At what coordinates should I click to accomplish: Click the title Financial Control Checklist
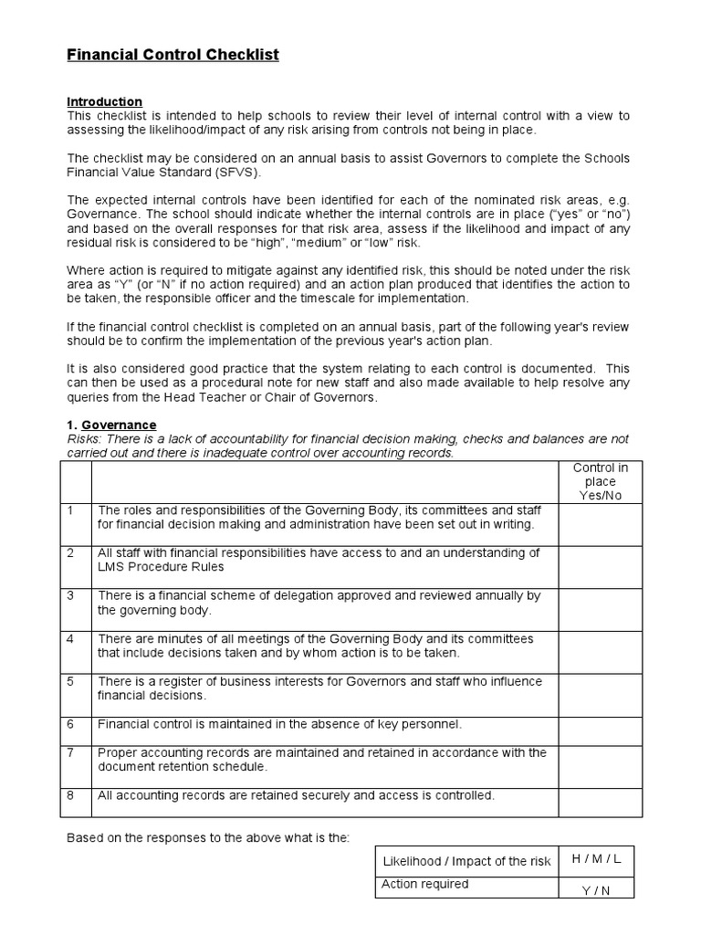(173, 56)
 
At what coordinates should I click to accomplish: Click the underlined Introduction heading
(105, 101)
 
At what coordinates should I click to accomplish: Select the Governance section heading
(119, 425)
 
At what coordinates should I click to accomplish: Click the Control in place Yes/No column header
(594, 481)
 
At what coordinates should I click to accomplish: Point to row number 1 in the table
(70, 510)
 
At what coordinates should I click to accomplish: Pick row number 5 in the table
(70, 681)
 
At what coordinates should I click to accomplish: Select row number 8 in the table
(70, 795)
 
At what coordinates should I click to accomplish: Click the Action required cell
(424, 884)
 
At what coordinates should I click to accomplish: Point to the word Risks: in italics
(86, 439)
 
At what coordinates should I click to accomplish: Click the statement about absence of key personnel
(279, 724)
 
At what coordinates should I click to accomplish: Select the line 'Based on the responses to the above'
(208, 837)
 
